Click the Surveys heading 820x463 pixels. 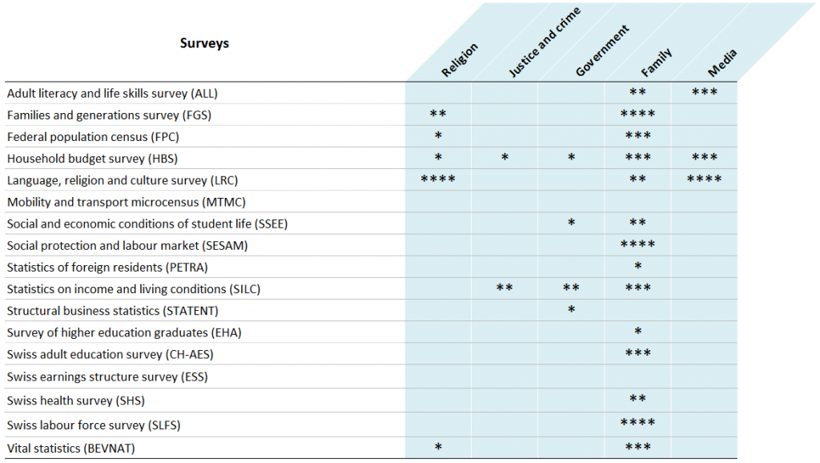[204, 43]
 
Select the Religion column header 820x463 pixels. [460, 61]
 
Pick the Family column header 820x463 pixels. [656, 63]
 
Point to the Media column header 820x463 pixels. [722, 63]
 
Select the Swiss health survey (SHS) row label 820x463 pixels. [75, 400]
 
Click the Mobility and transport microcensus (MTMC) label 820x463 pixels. [126, 201]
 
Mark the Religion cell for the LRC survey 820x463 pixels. [438, 179]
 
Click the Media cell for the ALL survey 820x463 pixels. [704, 93]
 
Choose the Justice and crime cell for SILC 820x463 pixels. [504, 288]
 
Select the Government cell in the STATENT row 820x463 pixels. [571, 310]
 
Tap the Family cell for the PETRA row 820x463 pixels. [637, 267]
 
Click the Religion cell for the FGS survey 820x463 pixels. [438, 115]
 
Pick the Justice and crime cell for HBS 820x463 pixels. [504, 158]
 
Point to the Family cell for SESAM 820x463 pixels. [637, 245]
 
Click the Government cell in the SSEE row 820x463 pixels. [571, 223]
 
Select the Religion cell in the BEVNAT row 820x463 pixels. [438, 448]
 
